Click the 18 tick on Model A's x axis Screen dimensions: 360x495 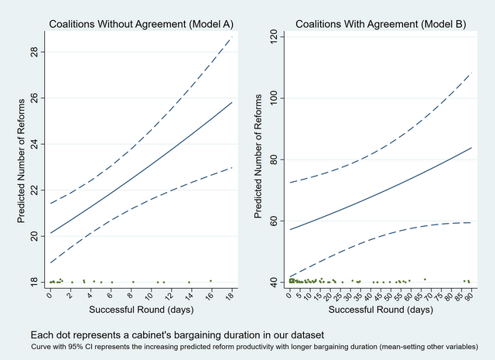pyautogui.click(x=231, y=295)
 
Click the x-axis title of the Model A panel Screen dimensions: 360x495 pyautogui.click(x=140, y=309)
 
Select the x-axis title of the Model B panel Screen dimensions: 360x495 pyautogui.click(x=380, y=309)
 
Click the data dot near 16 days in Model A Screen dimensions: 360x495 pyautogui.click(x=210, y=280)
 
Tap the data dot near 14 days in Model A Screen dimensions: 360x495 pyautogui.click(x=189, y=282)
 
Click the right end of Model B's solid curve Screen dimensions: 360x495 pyautogui.click(x=471, y=148)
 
